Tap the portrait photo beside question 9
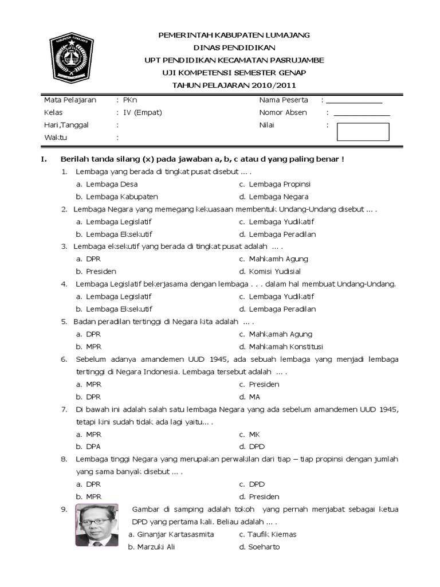96,525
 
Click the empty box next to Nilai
363,132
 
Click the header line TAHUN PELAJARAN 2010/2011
234,85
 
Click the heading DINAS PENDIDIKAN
234,48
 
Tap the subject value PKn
128,100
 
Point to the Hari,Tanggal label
66,125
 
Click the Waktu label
56,138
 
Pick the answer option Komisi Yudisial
274,272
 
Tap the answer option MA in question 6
254,397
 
